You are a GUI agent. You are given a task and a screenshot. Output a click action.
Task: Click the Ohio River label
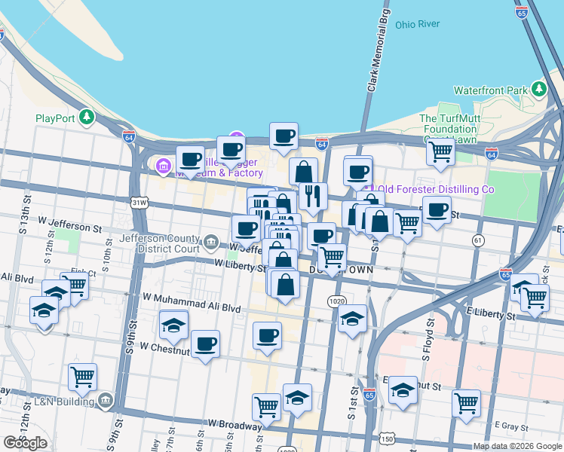point(418,24)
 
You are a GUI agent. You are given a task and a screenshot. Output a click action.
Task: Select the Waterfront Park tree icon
point(538,90)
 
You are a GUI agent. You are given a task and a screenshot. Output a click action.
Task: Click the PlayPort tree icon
point(87,118)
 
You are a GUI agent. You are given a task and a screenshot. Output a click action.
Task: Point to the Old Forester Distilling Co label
point(435,189)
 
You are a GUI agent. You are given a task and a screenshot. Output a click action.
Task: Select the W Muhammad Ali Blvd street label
point(191,308)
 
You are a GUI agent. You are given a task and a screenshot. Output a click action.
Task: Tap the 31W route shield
point(139,203)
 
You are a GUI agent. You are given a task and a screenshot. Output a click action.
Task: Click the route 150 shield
point(387,438)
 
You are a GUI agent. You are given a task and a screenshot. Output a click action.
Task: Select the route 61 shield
point(478,240)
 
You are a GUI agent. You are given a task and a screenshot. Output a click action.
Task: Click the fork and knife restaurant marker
point(312,197)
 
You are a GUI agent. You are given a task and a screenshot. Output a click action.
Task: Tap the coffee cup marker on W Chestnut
point(205,344)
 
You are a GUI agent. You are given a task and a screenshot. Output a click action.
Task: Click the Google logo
point(25,443)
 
